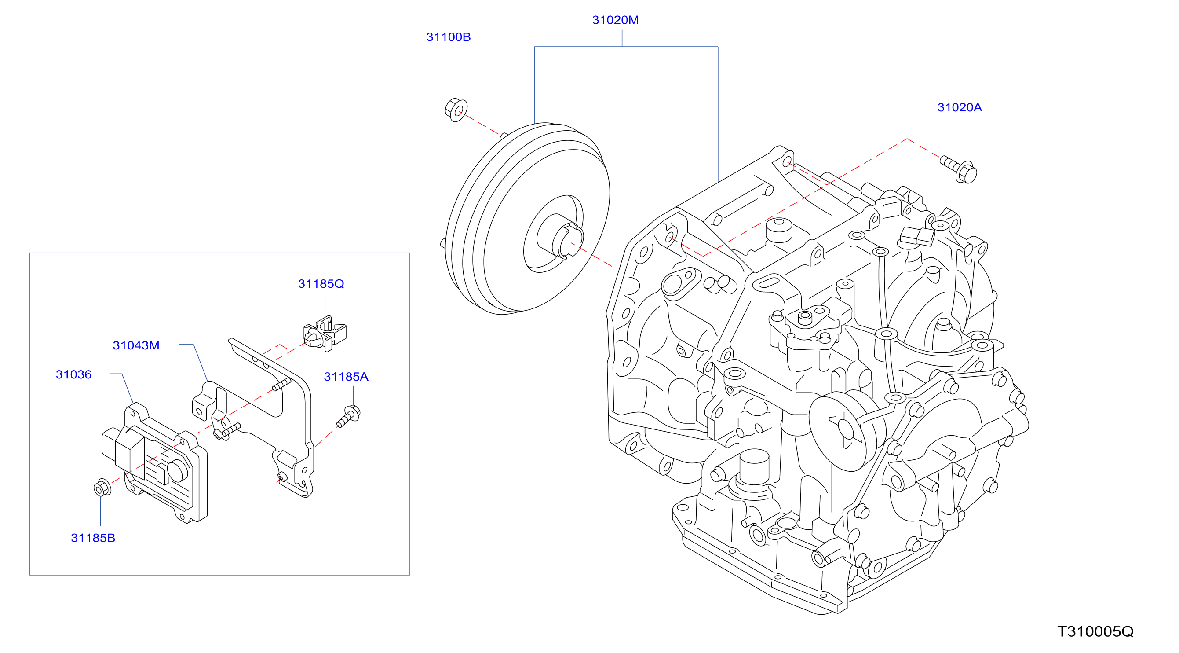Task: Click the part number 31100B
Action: tap(448, 37)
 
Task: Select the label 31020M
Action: tap(615, 20)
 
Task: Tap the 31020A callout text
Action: tap(959, 108)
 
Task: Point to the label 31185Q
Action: tap(321, 284)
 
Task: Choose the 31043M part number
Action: tap(136, 346)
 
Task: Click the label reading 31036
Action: tap(74, 375)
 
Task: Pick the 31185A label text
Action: tap(346, 377)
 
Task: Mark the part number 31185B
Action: tap(93, 538)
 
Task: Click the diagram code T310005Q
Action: tap(1096, 632)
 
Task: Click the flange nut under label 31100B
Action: tap(456, 110)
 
